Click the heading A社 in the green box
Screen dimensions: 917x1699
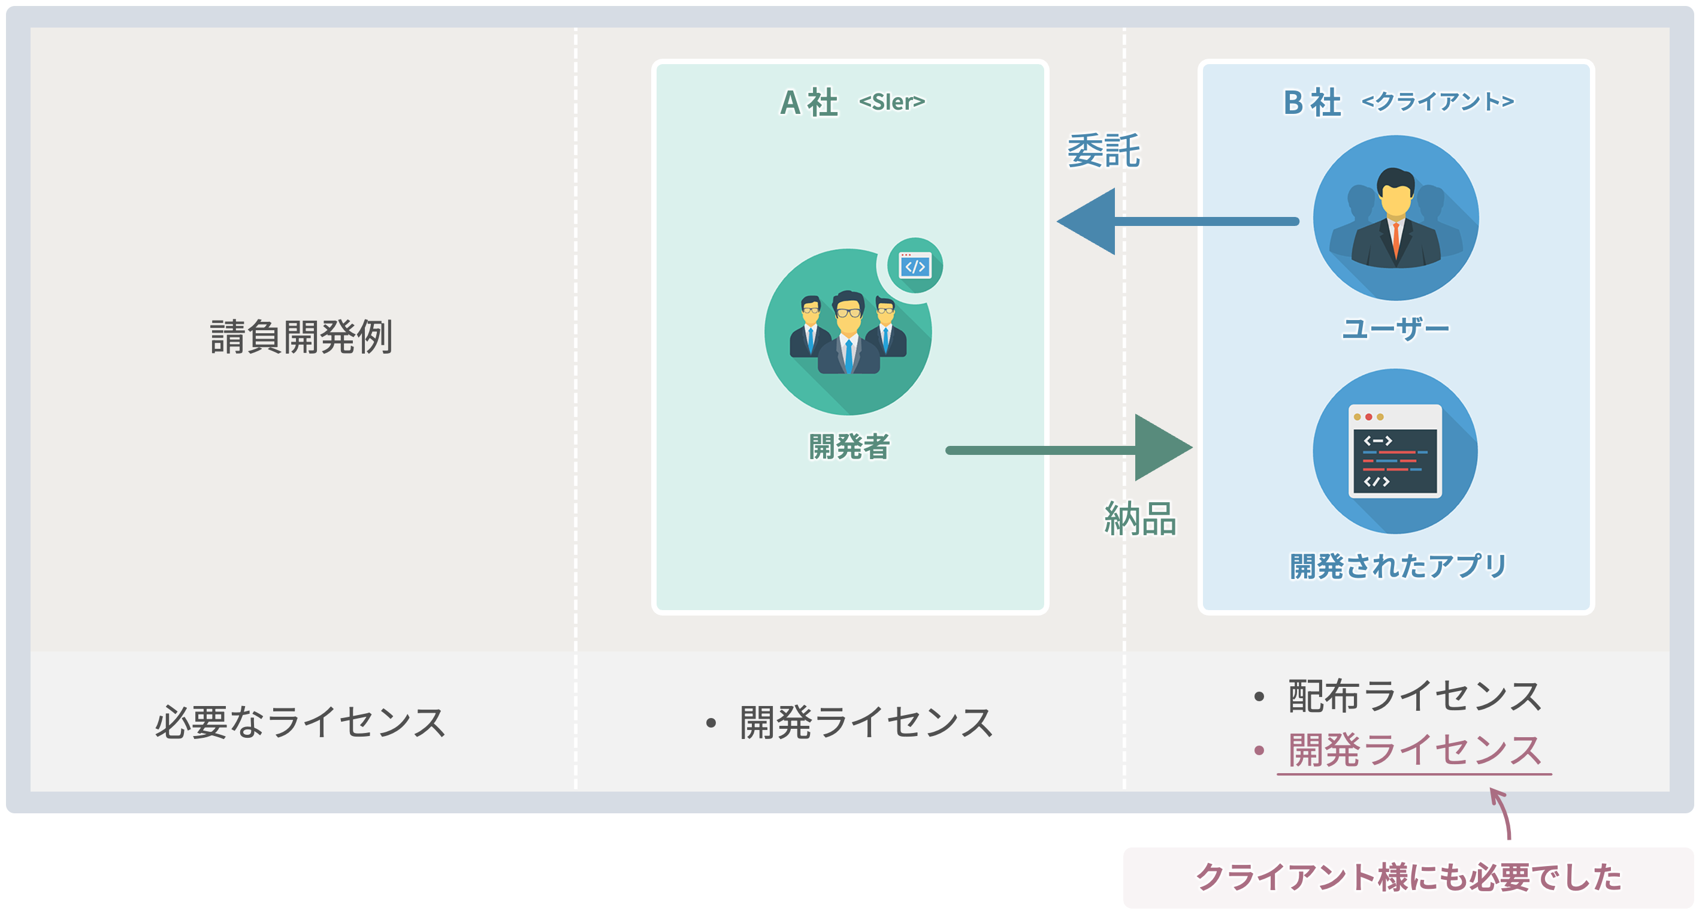point(809,103)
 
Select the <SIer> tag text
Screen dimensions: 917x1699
point(891,102)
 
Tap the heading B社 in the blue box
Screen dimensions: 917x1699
point(1311,103)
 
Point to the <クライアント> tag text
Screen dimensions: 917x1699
point(1438,102)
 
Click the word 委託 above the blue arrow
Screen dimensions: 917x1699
point(1104,150)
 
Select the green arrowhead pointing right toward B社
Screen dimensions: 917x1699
point(1161,448)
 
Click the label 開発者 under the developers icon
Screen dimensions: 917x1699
point(849,447)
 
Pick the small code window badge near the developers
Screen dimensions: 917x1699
point(915,266)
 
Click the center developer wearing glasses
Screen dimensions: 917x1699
point(848,333)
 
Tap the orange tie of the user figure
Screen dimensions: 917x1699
point(1396,241)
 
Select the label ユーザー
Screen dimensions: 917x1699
point(1396,328)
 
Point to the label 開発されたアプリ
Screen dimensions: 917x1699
point(1398,566)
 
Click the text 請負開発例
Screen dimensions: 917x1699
point(301,337)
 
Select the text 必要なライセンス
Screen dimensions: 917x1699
point(300,722)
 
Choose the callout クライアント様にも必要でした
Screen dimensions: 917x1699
point(1408,877)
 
